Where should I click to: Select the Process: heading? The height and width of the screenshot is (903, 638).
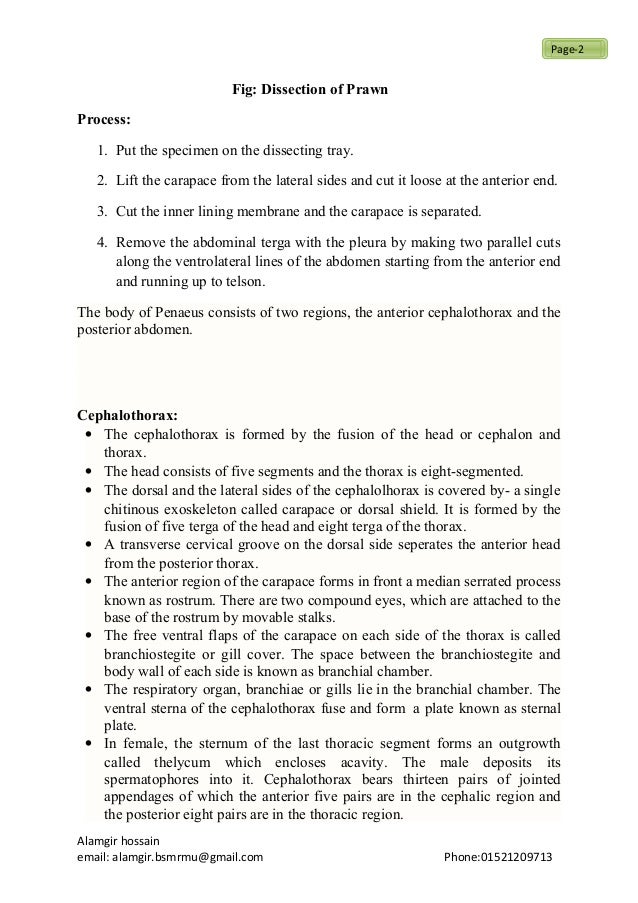[104, 120]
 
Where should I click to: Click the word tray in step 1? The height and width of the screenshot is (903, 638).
[341, 151]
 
